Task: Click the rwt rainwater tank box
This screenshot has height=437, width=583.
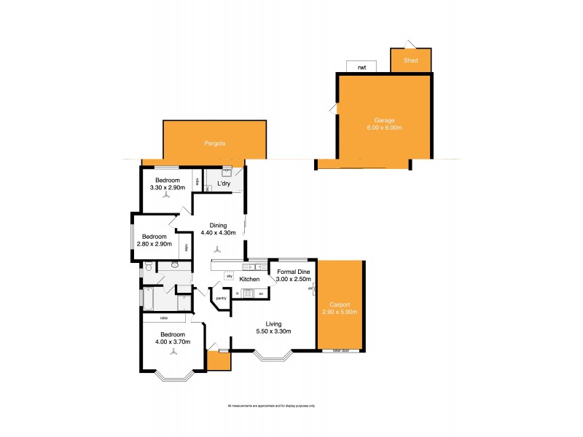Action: [361, 67]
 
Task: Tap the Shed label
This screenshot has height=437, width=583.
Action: [410, 60]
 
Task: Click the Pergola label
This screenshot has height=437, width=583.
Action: [214, 144]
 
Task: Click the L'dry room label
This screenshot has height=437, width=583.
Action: [224, 184]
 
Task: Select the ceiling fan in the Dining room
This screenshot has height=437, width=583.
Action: [219, 248]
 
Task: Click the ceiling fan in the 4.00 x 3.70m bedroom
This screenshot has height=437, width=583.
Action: [173, 351]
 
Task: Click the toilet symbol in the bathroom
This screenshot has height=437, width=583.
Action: [148, 268]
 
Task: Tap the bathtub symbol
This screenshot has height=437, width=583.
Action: [148, 299]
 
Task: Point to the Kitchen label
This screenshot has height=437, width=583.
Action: [250, 280]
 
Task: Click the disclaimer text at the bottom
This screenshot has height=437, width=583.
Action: [276, 406]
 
